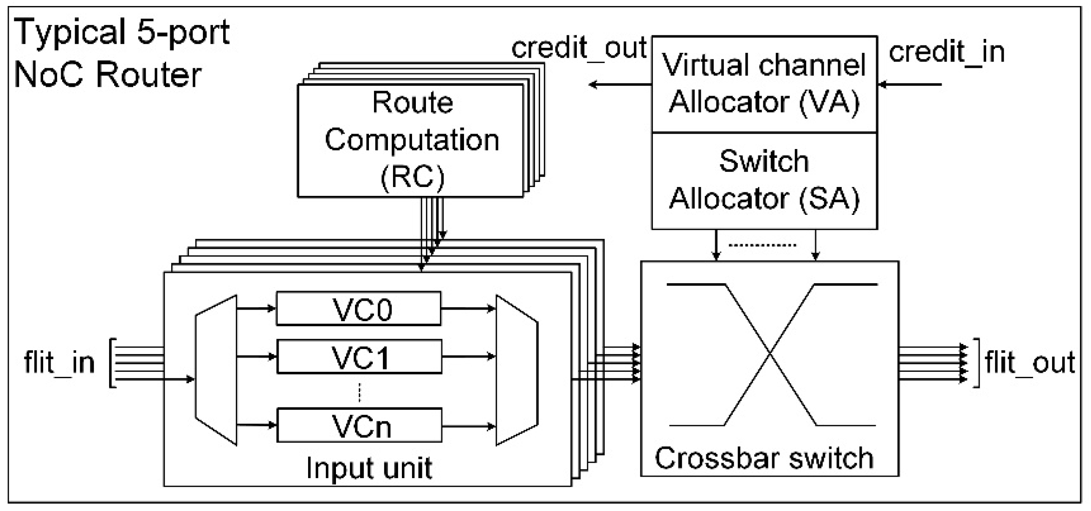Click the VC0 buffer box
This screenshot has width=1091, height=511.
(358, 309)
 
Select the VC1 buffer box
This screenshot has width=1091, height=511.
(359, 357)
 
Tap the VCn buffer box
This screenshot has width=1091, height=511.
(359, 425)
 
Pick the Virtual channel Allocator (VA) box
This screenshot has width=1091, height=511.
(764, 84)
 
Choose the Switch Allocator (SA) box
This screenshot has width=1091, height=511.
(764, 181)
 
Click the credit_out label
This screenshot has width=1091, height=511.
(579, 48)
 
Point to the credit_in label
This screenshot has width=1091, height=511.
(947, 52)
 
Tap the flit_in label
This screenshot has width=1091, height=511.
(59, 362)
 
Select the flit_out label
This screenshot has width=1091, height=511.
(1030, 362)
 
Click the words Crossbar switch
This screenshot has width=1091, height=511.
(764, 458)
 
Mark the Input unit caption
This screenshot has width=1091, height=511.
(369, 468)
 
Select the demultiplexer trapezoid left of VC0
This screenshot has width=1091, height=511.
(216, 370)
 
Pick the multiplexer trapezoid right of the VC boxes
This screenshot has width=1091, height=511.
(516, 370)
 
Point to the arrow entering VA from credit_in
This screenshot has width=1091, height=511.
(910, 84)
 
